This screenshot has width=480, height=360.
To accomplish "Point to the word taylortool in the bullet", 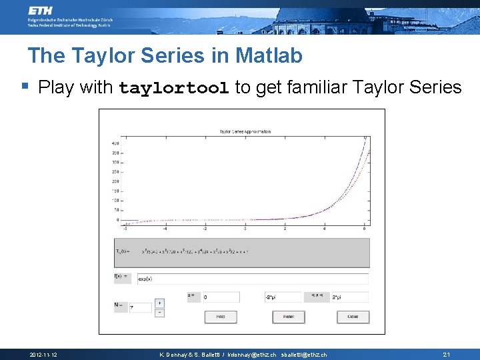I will [x=174, y=87].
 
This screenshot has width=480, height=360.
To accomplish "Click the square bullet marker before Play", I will [x=25, y=86].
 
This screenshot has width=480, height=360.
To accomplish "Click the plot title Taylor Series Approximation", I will [x=245, y=131].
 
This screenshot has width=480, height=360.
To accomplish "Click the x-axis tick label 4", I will [x=325, y=228].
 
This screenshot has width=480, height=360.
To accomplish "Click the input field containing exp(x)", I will [x=252, y=279].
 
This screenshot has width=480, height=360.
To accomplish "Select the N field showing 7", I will [x=141, y=307].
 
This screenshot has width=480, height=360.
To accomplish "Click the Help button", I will [x=221, y=317].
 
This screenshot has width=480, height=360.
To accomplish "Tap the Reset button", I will [x=289, y=317].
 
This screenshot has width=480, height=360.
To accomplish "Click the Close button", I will [x=353, y=317].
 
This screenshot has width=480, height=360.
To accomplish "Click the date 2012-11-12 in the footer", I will [x=43, y=355].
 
